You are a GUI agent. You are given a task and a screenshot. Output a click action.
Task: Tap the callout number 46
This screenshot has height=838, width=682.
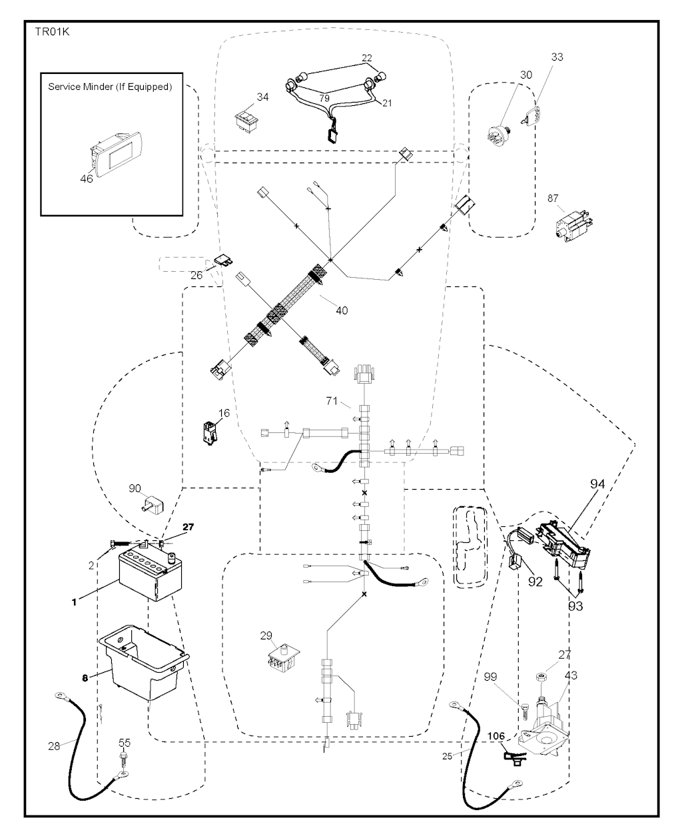(x=87, y=178)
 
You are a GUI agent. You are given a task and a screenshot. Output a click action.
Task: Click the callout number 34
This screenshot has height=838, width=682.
(x=263, y=97)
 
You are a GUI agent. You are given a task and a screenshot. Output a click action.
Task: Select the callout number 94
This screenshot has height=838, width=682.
(x=597, y=484)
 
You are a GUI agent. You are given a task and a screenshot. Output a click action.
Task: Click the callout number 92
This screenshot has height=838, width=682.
(x=535, y=580)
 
